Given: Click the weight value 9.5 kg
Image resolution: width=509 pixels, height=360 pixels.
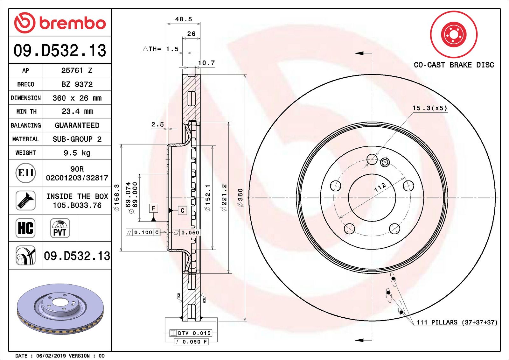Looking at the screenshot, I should [x=77, y=153].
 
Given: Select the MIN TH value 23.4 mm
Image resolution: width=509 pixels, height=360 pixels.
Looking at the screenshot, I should [x=77, y=111].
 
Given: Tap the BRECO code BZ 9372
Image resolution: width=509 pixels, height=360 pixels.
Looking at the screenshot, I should [x=77, y=84].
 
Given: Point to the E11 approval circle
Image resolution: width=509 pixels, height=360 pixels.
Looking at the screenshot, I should [x=26, y=173].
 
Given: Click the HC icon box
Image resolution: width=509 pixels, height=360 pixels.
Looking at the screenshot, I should [x=25, y=228].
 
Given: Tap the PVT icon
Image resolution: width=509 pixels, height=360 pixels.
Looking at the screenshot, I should [x=60, y=228].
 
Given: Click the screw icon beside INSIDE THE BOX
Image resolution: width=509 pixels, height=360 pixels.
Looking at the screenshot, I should [x=25, y=200].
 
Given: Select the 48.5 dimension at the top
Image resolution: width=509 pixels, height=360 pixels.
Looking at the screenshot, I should [x=184, y=19].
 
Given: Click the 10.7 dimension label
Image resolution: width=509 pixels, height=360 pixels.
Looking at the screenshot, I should [x=206, y=63].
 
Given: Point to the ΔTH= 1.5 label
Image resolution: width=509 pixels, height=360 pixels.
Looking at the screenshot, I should [x=161, y=49].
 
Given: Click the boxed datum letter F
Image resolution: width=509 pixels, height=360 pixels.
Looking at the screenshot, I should [x=154, y=208].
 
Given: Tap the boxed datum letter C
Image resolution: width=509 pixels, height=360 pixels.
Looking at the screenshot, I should [x=182, y=210].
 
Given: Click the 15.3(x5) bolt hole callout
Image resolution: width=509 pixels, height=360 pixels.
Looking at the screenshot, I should [x=430, y=108].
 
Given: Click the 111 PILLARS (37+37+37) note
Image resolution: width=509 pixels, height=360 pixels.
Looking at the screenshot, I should [x=457, y=322].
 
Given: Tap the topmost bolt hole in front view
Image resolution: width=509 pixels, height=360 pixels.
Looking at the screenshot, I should [x=372, y=159].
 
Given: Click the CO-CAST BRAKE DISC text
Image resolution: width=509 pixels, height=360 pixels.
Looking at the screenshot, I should [x=454, y=65].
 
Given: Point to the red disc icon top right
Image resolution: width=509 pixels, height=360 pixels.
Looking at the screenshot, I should [x=454, y=34].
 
